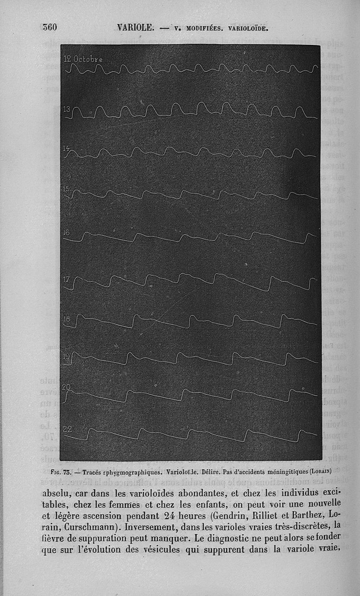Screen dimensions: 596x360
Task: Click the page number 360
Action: tap(49, 27)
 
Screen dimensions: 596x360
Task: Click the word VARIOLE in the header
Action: tap(135, 27)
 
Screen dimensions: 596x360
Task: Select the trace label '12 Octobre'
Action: tap(83, 59)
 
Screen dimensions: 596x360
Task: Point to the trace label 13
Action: tap(67, 109)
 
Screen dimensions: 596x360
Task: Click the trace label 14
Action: tap(66, 148)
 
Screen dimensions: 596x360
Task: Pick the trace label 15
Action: tap(66, 188)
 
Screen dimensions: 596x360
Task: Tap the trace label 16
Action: tap(66, 233)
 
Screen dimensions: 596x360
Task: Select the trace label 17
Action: tap(66, 279)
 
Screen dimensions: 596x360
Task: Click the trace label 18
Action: tap(66, 319)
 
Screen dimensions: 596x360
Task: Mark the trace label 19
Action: tap(66, 356)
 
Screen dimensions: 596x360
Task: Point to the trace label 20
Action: tap(66, 387)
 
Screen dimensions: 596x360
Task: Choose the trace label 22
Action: tap(67, 429)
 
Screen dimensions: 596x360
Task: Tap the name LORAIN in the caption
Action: tap(319, 472)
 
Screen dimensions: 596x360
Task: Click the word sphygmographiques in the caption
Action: tap(131, 473)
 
